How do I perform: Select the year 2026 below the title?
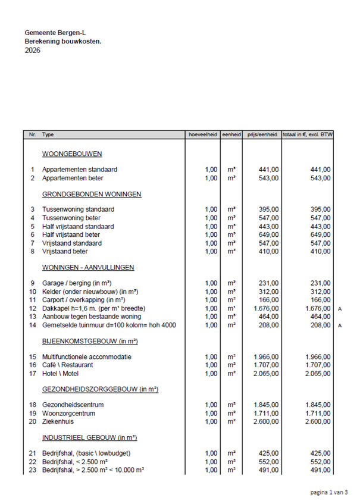pyautogui.click(x=33, y=51)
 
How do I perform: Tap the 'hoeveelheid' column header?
pyautogui.click(x=202, y=135)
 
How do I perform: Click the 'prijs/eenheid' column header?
pyautogui.click(x=261, y=135)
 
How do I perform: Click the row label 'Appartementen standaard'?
pyautogui.click(x=79, y=170)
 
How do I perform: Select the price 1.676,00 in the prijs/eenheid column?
pyautogui.click(x=264, y=309)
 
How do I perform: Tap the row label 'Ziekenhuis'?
pyautogui.click(x=58, y=421)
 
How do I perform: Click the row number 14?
pyautogui.click(x=33, y=325)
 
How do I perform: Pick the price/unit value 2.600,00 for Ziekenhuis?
pyautogui.click(x=264, y=421)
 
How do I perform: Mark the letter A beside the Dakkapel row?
pyautogui.click(x=340, y=309)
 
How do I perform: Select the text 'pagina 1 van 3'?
pyautogui.click(x=328, y=492)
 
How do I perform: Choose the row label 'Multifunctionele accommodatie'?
pyautogui.click(x=87, y=356)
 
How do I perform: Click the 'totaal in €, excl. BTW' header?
pyautogui.click(x=308, y=135)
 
